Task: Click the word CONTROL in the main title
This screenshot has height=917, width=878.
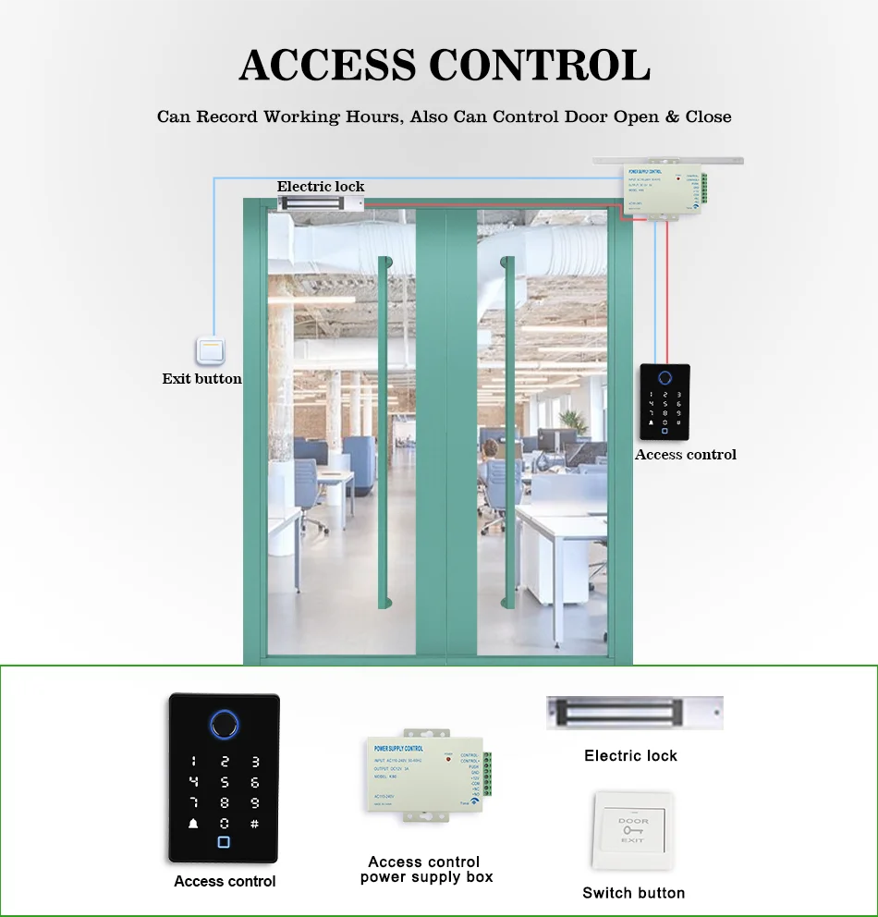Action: coord(542,66)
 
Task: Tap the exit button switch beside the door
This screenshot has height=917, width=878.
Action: coord(211,351)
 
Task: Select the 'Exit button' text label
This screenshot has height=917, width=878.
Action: coord(201,378)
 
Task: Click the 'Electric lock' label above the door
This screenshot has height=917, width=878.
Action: coord(321,187)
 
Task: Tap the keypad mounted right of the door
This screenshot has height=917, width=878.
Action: coord(665,402)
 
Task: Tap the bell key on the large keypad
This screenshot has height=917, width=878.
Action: coord(194,824)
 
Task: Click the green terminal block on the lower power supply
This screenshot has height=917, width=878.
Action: coord(486,774)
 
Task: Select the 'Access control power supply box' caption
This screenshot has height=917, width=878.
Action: coord(426,869)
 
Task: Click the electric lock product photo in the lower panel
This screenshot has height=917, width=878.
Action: coord(634,713)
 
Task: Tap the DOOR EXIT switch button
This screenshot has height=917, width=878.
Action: coord(633,830)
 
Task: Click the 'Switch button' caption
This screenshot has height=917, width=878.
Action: coord(633,893)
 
